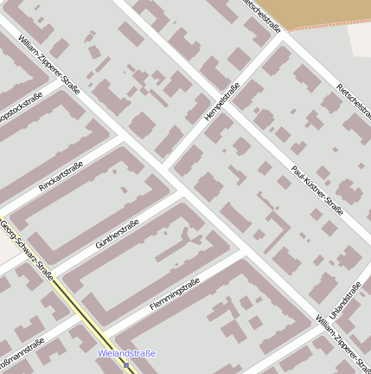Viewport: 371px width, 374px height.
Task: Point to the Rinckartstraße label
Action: [x=61, y=177]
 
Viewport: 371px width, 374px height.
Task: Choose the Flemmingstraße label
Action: [x=175, y=293]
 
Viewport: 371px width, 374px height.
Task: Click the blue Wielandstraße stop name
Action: [x=126, y=353]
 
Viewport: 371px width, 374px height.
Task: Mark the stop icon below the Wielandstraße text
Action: [x=126, y=365]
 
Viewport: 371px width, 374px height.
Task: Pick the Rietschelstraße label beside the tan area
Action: [x=262, y=16]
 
